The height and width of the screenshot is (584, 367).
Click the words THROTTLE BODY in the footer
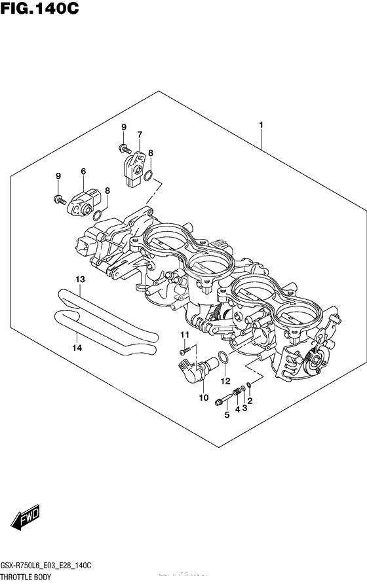tap(31, 575)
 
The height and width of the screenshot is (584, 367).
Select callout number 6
tap(83, 172)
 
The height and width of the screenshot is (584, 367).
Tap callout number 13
tap(80, 280)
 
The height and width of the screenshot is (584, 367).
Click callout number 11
tap(185, 335)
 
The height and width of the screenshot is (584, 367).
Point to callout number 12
tap(225, 381)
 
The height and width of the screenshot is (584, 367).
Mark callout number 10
tap(203, 397)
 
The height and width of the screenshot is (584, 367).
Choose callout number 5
tap(227, 414)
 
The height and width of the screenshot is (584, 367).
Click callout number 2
tap(250, 399)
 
